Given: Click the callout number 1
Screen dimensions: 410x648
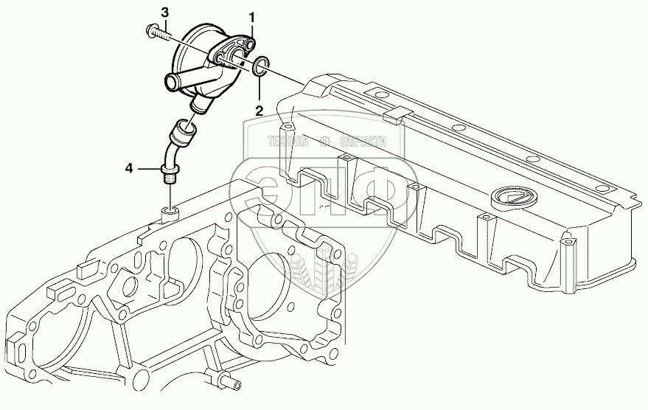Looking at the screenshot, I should pos(252,16).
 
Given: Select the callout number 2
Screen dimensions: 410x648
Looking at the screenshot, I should pos(259,111).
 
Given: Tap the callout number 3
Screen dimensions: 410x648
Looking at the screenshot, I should pos(164,13).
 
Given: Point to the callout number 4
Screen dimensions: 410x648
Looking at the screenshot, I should pos(129,169).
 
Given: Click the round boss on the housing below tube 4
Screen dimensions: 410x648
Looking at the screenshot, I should pos(170,213).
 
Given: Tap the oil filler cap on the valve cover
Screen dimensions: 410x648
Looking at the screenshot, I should pos(510,198).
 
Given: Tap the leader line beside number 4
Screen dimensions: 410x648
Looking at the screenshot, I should pos(147,170).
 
